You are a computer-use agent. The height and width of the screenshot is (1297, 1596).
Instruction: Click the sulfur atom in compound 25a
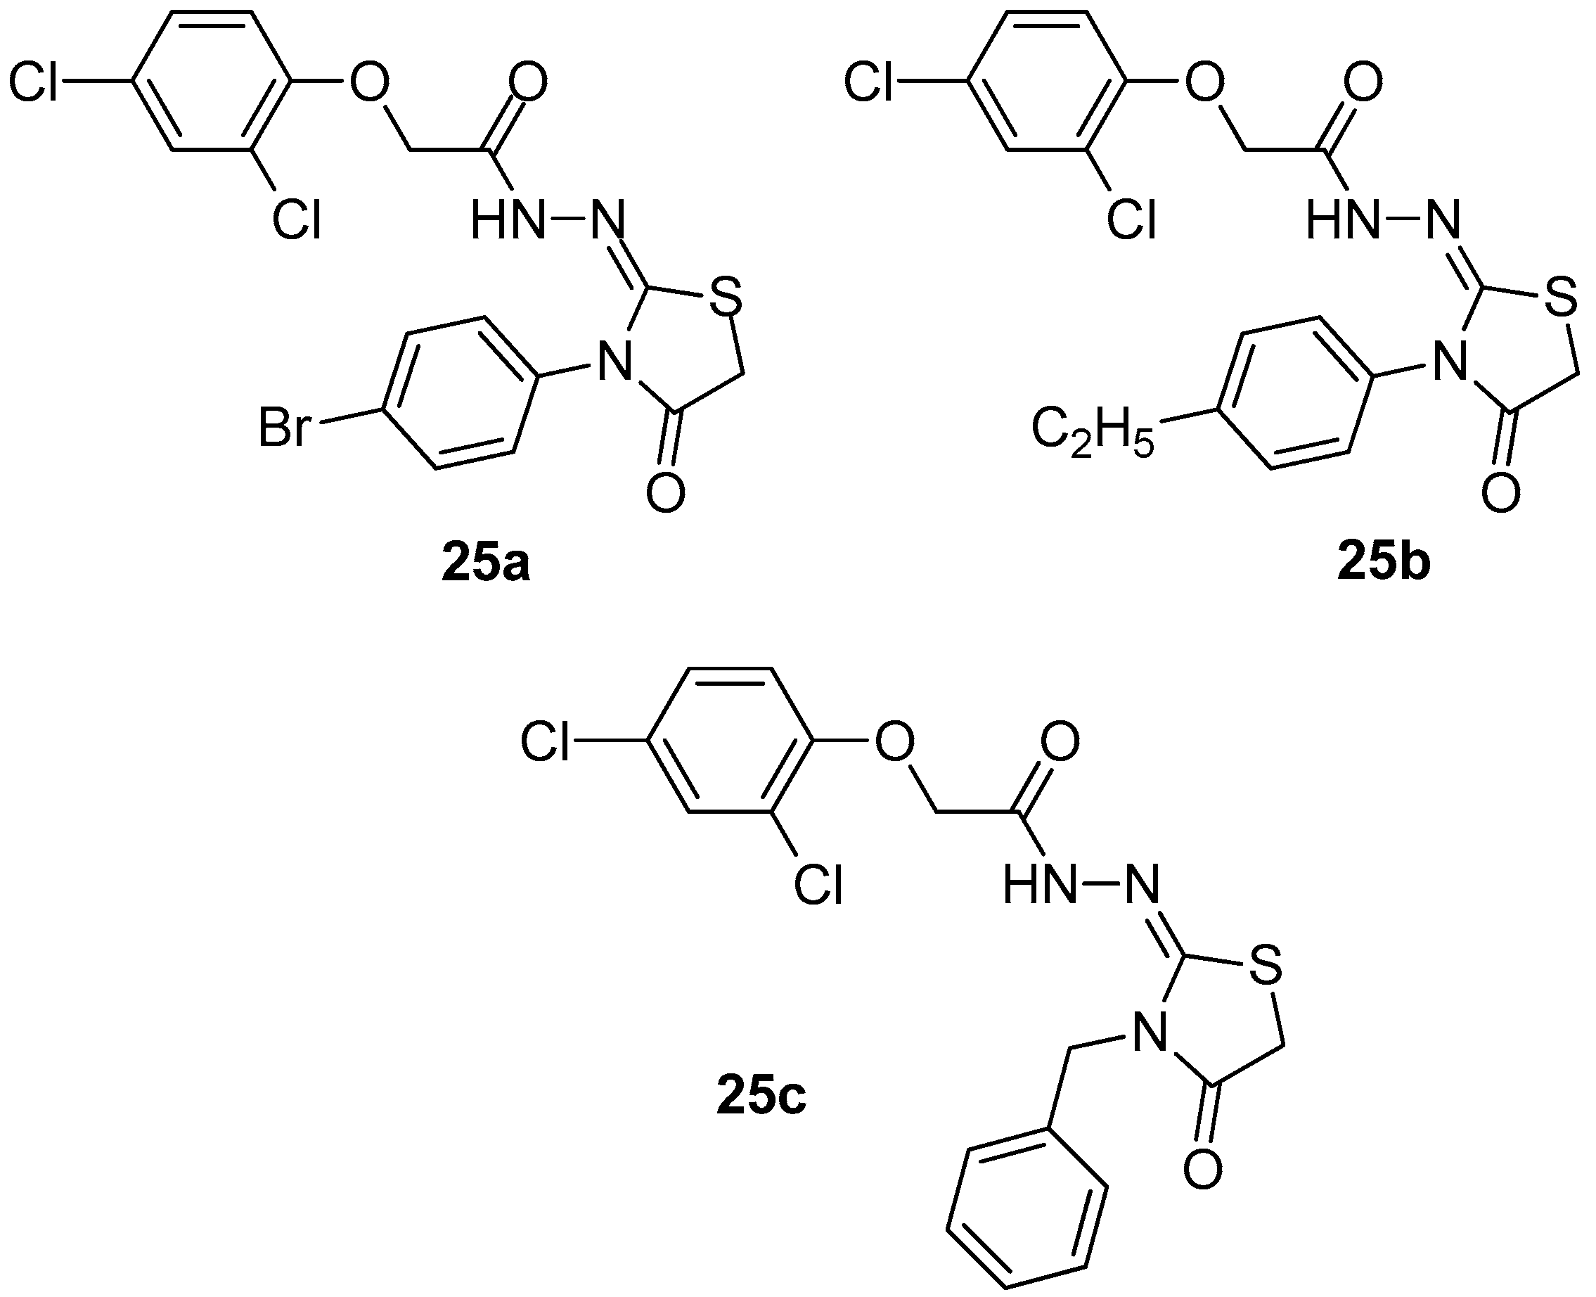click(x=724, y=297)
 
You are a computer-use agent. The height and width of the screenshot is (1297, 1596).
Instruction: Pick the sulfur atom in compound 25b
click(x=1560, y=297)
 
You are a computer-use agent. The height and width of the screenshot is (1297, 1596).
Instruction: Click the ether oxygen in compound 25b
click(x=1204, y=82)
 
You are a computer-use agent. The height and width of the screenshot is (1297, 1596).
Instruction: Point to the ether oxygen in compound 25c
click(x=894, y=743)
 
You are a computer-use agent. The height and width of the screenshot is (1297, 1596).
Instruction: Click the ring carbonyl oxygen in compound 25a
click(x=665, y=492)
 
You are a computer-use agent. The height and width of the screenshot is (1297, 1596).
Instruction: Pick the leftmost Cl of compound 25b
click(x=869, y=82)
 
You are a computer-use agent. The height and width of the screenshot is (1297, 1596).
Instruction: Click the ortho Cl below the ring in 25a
click(x=297, y=220)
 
